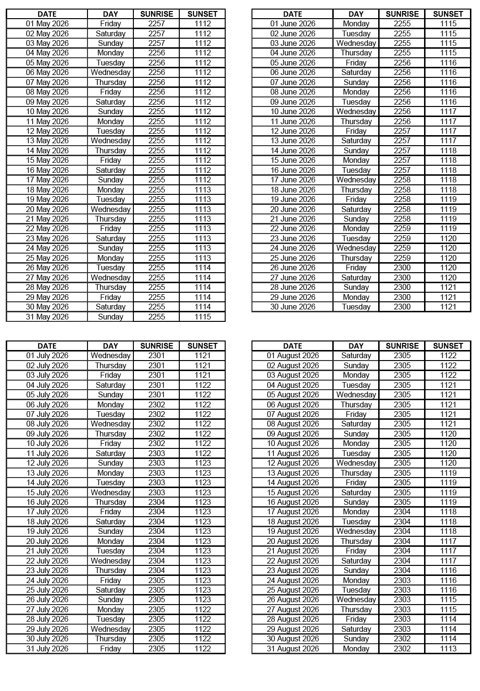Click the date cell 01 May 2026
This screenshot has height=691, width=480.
pyautogui.click(x=47, y=24)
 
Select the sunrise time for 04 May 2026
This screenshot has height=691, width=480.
pyautogui.click(x=156, y=53)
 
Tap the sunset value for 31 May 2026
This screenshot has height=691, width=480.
pyautogui.click(x=202, y=317)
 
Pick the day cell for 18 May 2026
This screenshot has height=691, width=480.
pyautogui.click(x=110, y=190)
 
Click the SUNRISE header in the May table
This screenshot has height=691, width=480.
pyautogui.click(x=156, y=14)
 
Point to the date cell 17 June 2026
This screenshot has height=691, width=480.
pyautogui.click(x=293, y=180)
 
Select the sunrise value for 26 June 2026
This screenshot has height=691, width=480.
pyautogui.click(x=402, y=268)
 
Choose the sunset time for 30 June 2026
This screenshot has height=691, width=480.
pyautogui.click(x=448, y=307)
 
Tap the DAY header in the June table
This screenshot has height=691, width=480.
pyautogui.click(x=356, y=14)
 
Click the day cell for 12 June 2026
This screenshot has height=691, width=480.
pyautogui.click(x=356, y=131)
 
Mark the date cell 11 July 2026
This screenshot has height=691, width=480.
pyautogui.click(x=47, y=454)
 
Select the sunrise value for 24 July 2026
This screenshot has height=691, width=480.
pyautogui.click(x=156, y=581)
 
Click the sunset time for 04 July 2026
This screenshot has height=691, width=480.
pyautogui.click(x=202, y=385)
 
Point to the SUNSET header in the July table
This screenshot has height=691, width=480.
pyautogui.click(x=202, y=346)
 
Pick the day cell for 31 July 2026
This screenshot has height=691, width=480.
pyautogui.click(x=110, y=649)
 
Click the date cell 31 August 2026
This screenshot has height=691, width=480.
pyautogui.click(x=293, y=649)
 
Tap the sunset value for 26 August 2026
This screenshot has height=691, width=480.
pyautogui.click(x=448, y=600)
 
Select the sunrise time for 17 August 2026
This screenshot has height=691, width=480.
pyautogui.click(x=402, y=512)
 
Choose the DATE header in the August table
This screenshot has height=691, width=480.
pyautogui.click(x=293, y=346)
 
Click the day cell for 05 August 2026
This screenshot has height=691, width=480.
pyautogui.click(x=356, y=395)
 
